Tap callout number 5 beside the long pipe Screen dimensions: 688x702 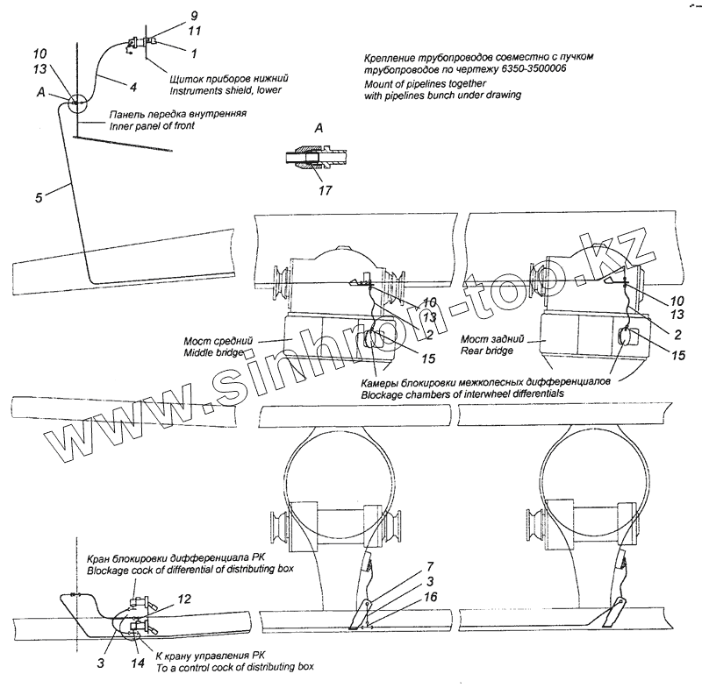pyautogui.click(x=39, y=197)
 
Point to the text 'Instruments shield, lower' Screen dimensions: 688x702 pyautogui.click(x=225, y=91)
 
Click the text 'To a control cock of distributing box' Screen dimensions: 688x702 pyautogui.click(x=234, y=667)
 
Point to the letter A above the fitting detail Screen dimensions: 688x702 pyautogui.click(x=319, y=128)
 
